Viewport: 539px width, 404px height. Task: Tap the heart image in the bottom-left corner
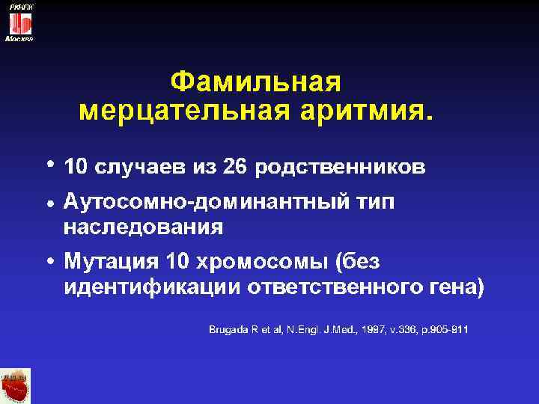coord(16,386)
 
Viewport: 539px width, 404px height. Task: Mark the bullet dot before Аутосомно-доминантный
coord(48,204)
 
